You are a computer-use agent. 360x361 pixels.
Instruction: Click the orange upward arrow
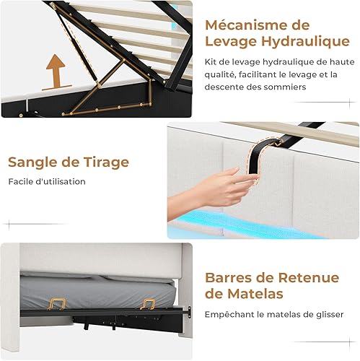56,71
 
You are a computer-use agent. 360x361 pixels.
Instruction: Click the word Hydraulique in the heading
305,41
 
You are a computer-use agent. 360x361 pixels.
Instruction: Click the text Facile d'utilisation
47,181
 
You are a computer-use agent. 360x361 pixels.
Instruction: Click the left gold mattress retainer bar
57,304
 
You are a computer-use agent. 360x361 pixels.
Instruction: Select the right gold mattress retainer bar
147,304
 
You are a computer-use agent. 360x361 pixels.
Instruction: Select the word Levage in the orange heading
231,41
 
